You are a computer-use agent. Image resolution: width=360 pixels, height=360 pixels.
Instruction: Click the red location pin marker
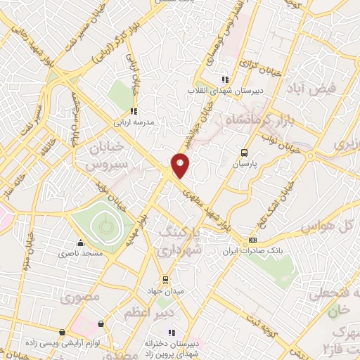point(181,165)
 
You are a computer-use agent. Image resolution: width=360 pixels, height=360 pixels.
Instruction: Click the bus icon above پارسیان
point(244,152)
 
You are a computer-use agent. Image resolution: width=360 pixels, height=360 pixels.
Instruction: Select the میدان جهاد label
point(166,290)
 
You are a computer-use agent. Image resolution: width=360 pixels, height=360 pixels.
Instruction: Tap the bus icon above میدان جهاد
point(166,279)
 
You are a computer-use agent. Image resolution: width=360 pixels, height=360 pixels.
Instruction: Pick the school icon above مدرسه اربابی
point(133,111)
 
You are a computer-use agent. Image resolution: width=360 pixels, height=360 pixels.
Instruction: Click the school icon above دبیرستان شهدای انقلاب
point(225,79)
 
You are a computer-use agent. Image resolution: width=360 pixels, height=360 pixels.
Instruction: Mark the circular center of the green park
point(104,226)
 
